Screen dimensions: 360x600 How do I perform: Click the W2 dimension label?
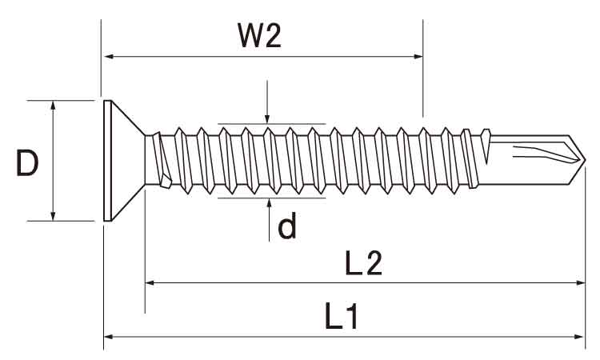[261, 36]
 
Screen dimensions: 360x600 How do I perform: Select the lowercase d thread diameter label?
[287, 228]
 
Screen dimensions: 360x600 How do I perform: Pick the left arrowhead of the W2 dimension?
[109, 57]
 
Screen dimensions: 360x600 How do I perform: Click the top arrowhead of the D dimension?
[54, 106]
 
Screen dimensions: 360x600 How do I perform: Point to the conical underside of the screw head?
[128, 160]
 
